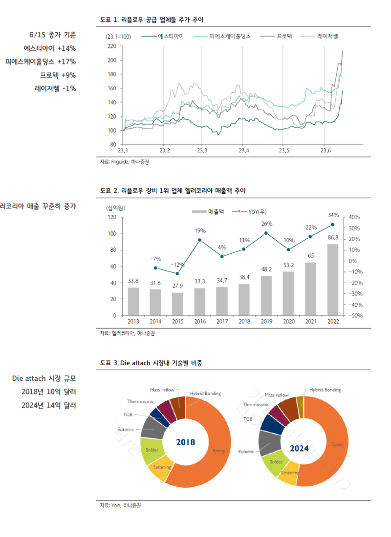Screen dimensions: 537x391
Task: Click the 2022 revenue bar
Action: pos(333,280)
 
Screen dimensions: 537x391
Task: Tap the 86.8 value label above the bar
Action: pos(333,237)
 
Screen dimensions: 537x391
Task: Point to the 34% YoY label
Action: pos(333,215)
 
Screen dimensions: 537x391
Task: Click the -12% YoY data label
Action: pos(177,265)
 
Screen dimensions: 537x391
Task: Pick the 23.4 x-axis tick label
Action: pos(243,150)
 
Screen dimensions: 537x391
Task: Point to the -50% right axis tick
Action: pos(354,316)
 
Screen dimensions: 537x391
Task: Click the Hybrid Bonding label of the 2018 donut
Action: pos(205,393)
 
